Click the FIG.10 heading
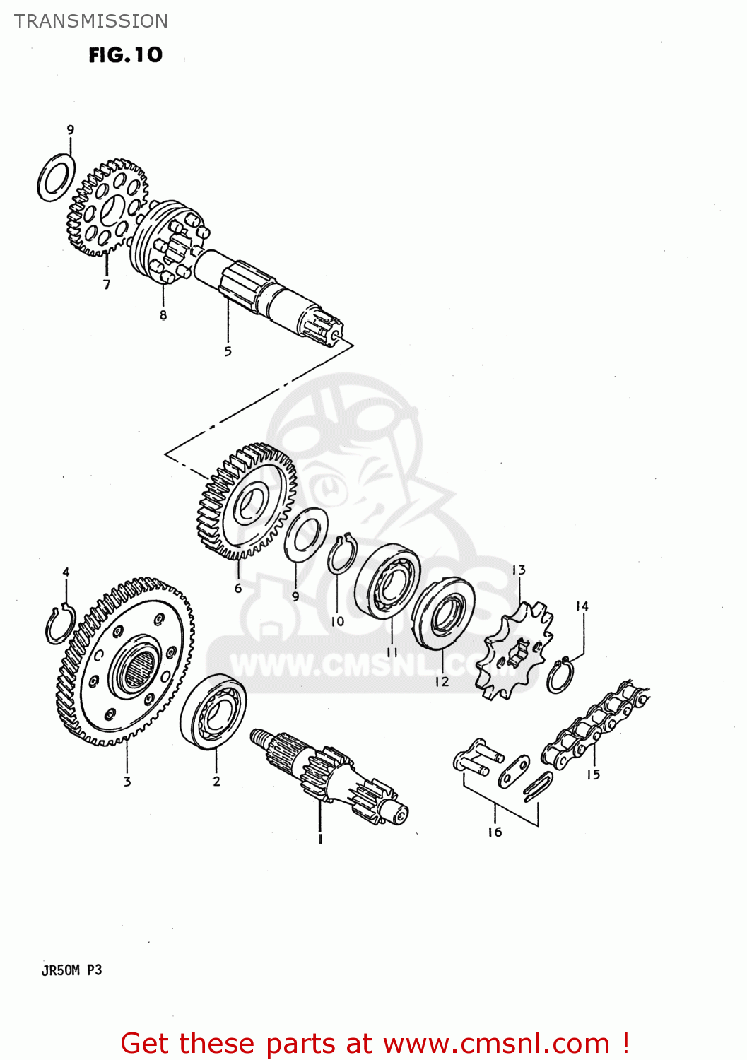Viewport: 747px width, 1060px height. (126, 55)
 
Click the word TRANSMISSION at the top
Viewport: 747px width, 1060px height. (91, 21)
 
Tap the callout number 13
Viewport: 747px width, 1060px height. (518, 570)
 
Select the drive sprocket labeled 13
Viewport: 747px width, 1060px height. (514, 650)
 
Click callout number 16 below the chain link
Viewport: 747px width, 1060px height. (495, 832)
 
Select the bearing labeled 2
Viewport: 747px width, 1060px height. (213, 712)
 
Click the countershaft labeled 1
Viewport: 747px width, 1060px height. (329, 777)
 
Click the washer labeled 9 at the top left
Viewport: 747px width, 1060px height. (57, 177)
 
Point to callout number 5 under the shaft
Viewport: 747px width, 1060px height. (228, 351)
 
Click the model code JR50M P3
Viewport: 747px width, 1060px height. (71, 970)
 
